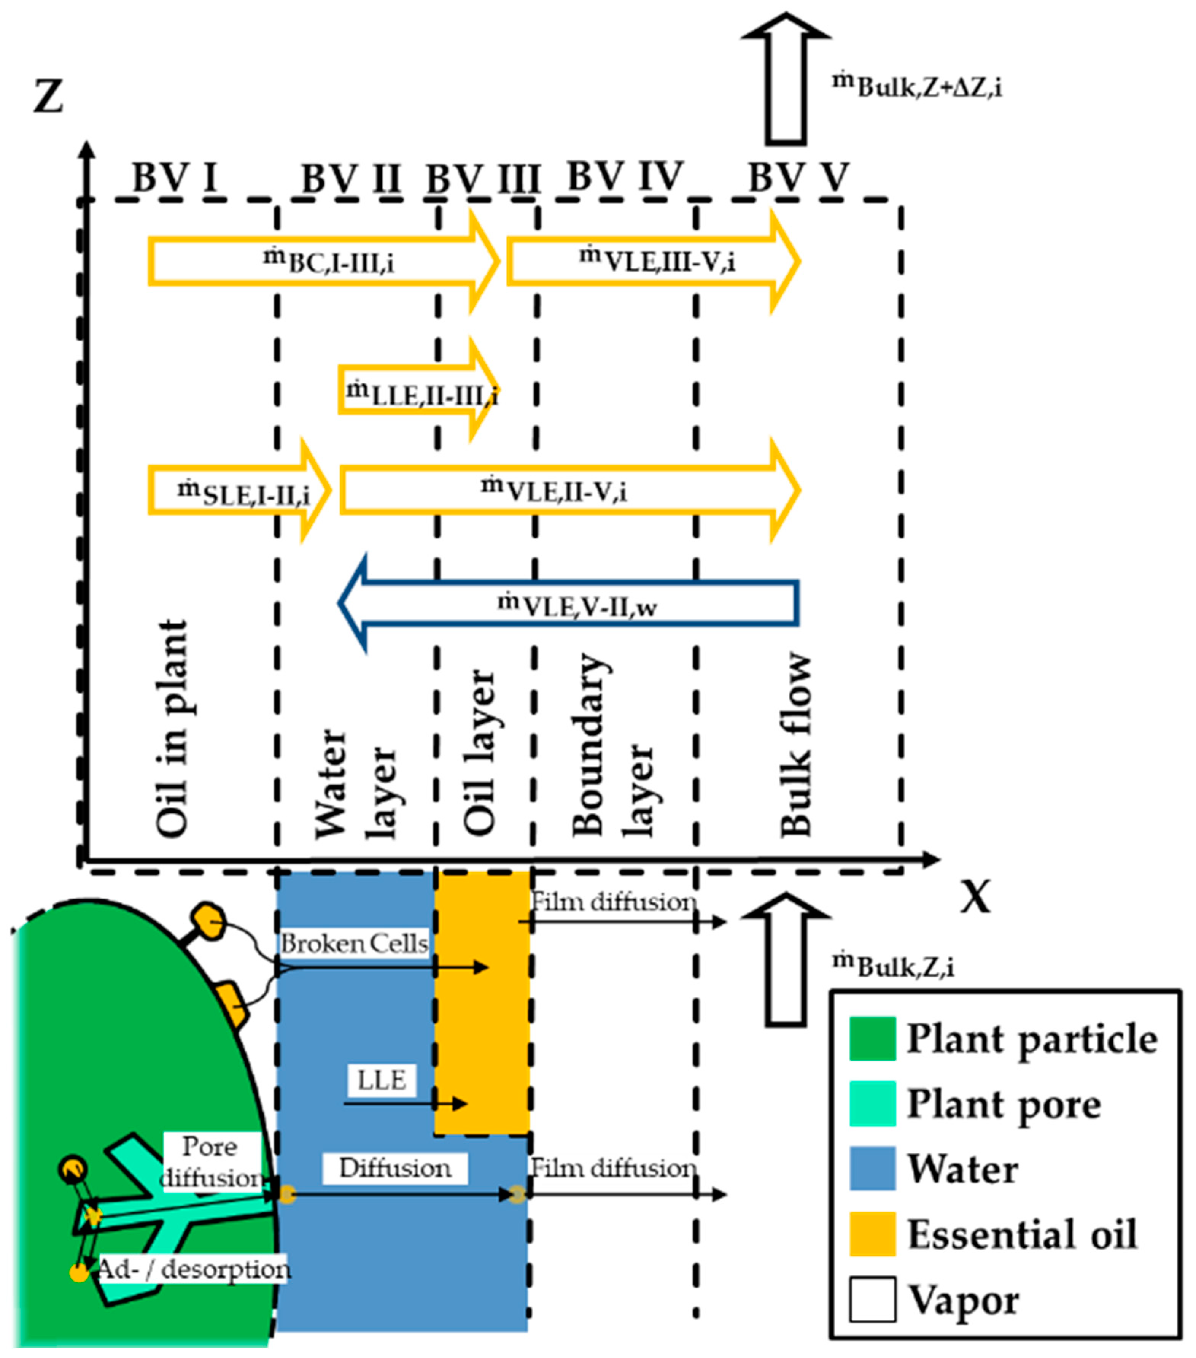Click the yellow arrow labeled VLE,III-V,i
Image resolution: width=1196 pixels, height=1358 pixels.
coord(654,261)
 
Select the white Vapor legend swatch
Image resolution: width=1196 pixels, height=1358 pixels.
coord(872,1299)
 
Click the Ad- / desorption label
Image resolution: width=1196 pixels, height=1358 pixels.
coord(193,1269)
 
